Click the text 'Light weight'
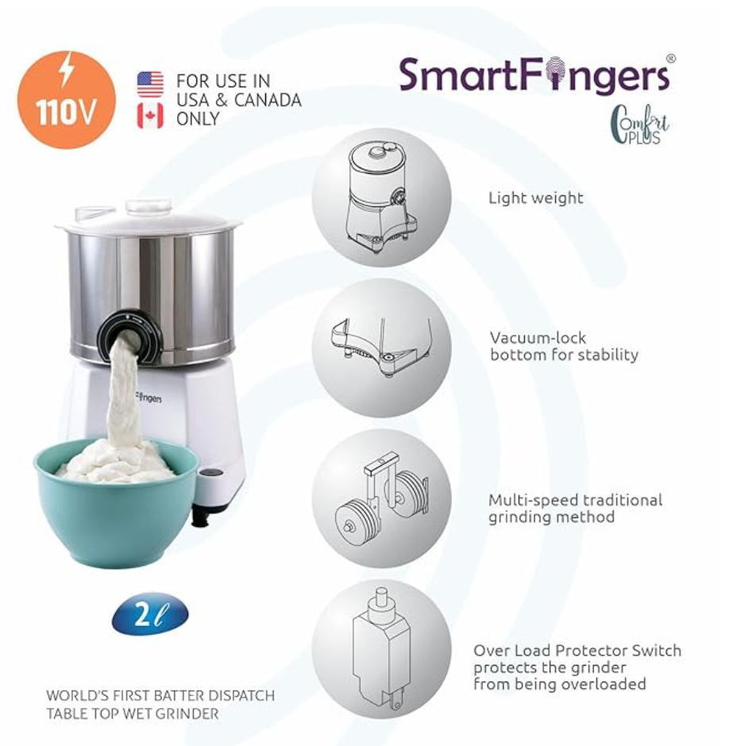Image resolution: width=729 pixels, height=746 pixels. tap(535, 198)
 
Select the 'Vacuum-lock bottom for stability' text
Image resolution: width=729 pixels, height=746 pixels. tap(563, 346)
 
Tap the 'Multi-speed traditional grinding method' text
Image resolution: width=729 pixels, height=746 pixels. tap(574, 508)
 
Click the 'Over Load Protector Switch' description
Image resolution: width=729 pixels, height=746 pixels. tap(577, 667)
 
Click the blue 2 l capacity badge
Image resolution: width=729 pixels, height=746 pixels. tap(150, 616)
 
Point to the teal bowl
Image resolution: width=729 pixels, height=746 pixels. tap(115, 516)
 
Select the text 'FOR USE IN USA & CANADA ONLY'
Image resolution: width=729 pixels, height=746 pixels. tap(238, 100)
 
